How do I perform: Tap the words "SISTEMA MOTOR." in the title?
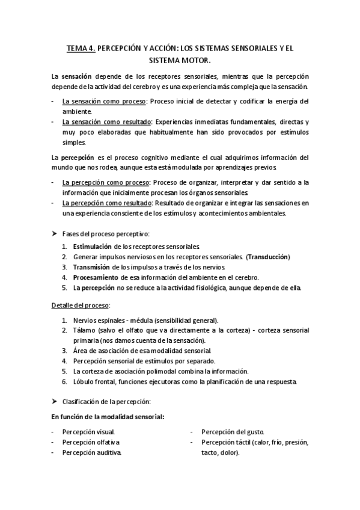point(180,60)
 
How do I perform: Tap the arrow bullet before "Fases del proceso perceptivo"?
point(54,233)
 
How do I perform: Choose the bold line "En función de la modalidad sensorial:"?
point(108,417)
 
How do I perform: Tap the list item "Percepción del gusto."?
point(233,432)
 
